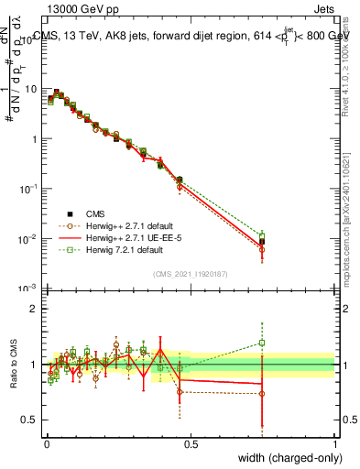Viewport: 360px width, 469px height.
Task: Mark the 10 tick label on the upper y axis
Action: (x=33, y=89)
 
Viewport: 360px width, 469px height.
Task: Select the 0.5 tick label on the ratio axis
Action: (x=33, y=422)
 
